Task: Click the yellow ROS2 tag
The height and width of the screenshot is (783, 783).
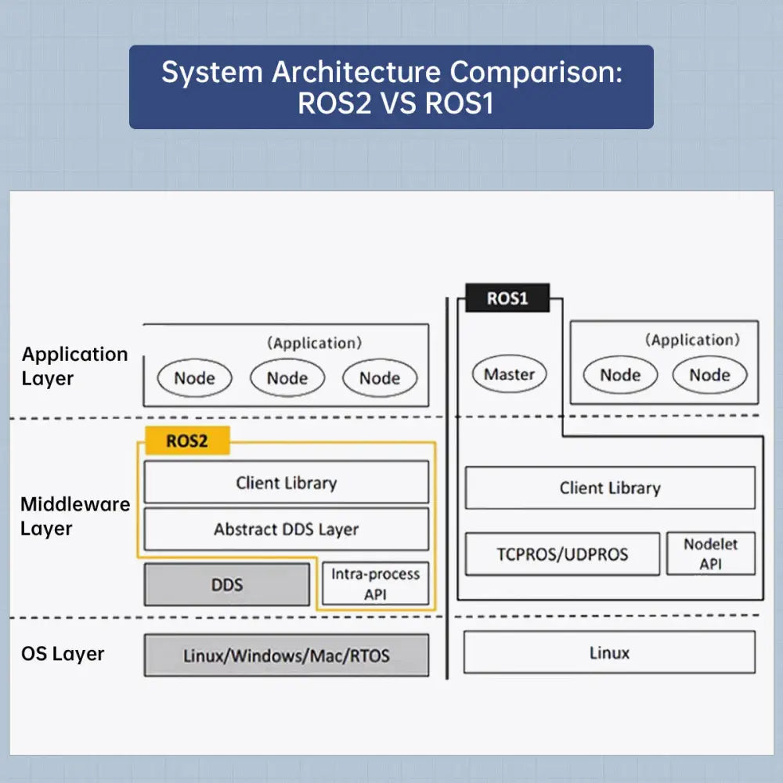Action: [187, 441]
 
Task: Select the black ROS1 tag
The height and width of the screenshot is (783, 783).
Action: [507, 298]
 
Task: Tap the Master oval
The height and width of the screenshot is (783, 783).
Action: [509, 374]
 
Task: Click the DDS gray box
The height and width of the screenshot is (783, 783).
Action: [227, 584]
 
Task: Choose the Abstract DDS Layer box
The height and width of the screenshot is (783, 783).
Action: [287, 529]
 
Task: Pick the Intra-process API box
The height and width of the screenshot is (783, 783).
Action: [376, 584]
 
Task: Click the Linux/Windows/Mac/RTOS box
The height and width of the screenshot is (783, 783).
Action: [287, 655]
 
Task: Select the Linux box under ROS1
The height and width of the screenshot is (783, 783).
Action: [609, 652]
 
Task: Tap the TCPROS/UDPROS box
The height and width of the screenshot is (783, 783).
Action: [562, 554]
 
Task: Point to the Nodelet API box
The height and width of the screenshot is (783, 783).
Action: [710, 554]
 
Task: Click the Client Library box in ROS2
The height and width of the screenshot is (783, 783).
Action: [287, 482]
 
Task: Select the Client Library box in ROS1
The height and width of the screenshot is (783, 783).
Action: [610, 488]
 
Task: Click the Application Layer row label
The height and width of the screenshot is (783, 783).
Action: [74, 366]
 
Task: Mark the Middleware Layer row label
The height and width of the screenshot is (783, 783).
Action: [75, 516]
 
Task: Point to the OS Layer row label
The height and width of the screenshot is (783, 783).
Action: [63, 654]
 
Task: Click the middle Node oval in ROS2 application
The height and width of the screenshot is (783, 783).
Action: [287, 378]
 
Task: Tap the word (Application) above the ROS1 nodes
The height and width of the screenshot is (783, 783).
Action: [692, 340]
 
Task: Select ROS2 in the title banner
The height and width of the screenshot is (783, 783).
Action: [334, 103]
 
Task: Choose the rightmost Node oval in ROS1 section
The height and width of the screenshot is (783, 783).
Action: [709, 375]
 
